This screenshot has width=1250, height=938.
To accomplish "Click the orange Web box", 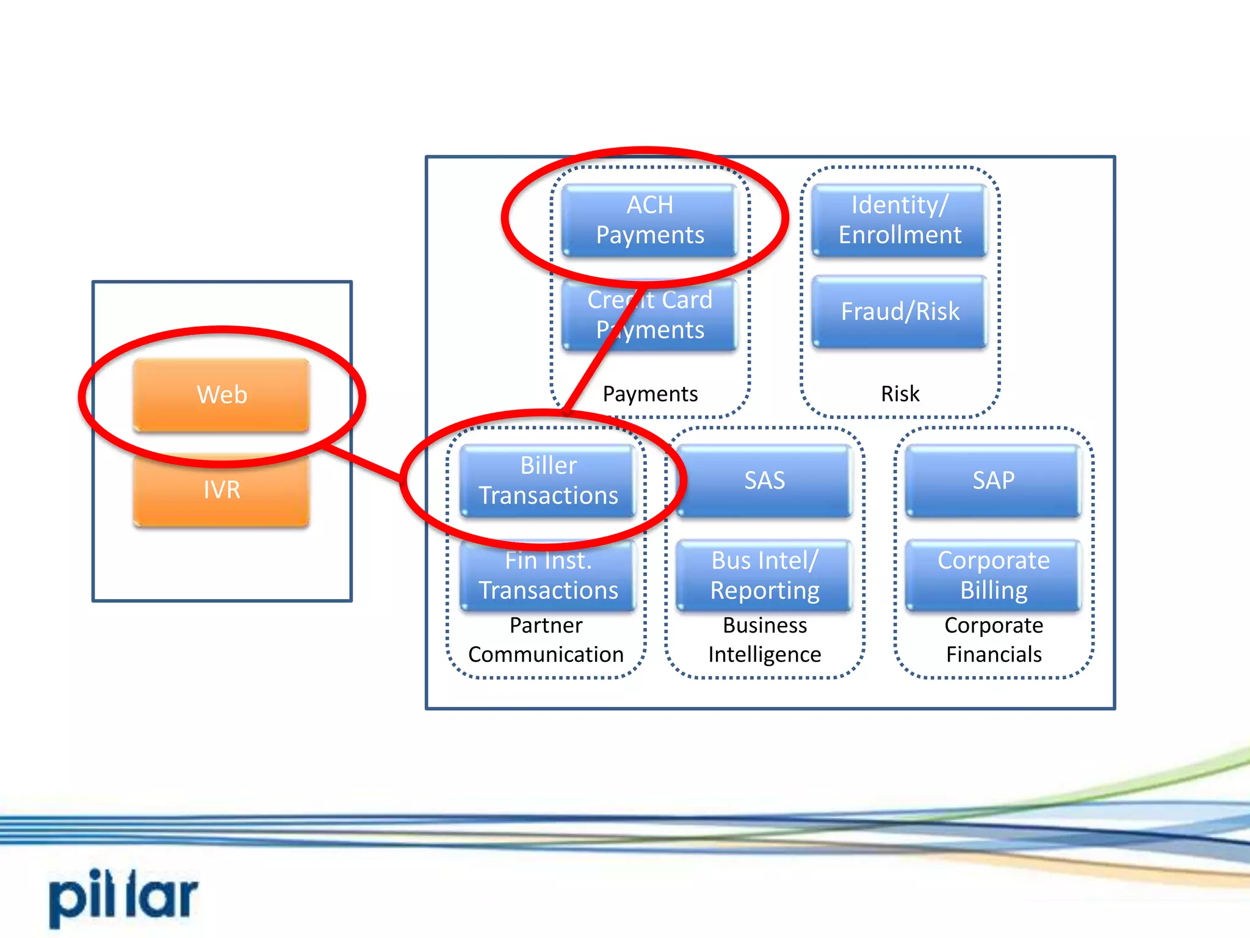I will pos(222,395).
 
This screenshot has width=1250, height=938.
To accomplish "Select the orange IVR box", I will pos(222,490).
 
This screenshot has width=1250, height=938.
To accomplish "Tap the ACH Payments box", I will pos(649,220).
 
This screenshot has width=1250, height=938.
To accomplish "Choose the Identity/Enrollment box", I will pos(900,220).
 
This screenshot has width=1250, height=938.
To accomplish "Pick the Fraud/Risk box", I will pos(900,311).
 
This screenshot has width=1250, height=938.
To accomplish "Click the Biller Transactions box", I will pos(548,481).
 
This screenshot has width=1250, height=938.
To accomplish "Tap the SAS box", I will pos(764,481).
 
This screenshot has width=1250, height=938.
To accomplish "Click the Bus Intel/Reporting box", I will pos(764,576).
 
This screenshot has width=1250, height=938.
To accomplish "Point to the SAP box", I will pos(993,481).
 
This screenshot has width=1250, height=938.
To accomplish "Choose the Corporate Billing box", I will pos(993,576).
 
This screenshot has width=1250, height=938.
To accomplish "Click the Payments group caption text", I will pos(650,394).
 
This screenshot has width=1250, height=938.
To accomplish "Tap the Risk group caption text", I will pos(900,394).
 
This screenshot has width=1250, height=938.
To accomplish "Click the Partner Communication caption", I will pos(546,640).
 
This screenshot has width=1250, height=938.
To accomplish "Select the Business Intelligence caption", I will pos(764,640).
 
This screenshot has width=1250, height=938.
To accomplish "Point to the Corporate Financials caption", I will pos(993,640).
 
